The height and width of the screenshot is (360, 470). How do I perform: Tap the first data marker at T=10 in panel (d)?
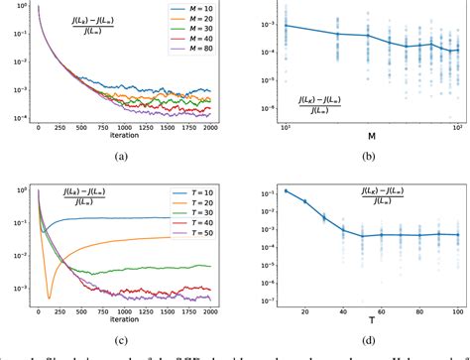point(287,190)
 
